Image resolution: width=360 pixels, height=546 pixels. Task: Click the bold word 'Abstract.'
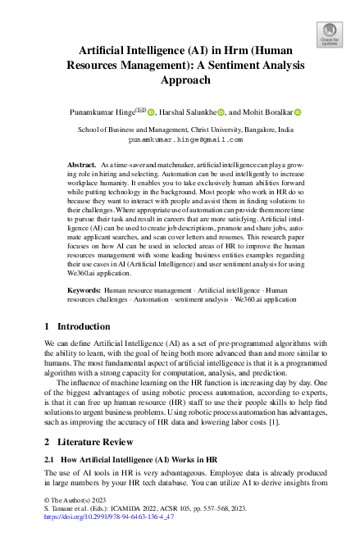click(83, 166)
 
